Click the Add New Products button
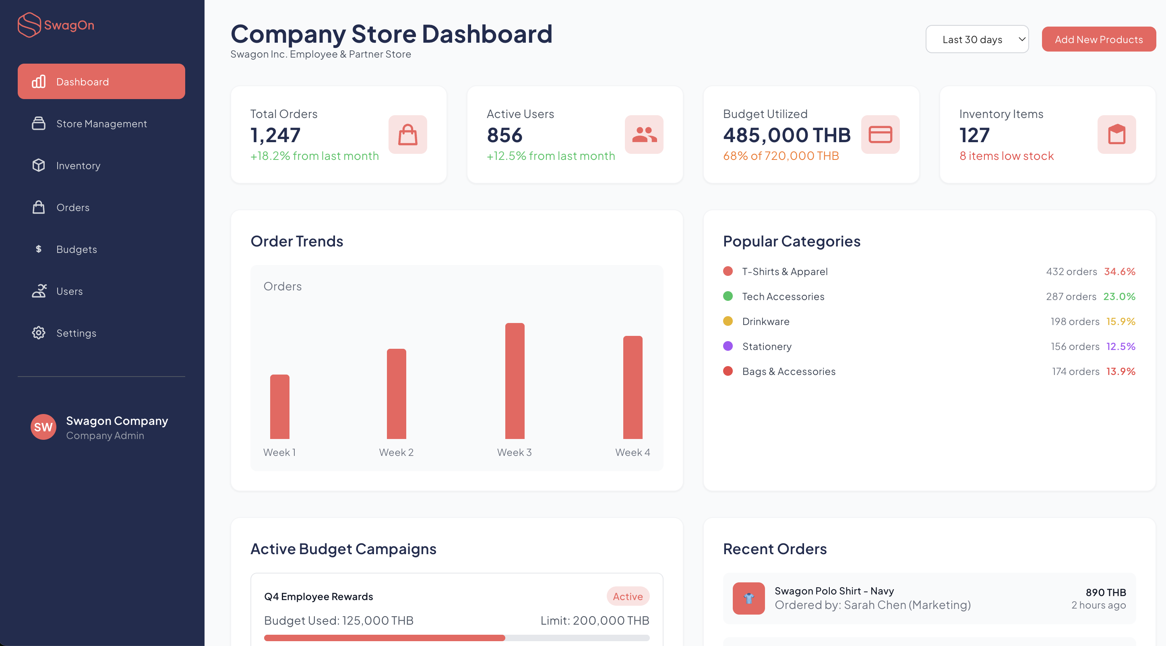pyautogui.click(x=1098, y=39)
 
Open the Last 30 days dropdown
pyautogui.click(x=977, y=39)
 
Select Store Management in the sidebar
pyautogui.click(x=101, y=124)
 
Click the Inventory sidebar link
pyautogui.click(x=78, y=166)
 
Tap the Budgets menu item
pyautogui.click(x=76, y=249)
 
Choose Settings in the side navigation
pyautogui.click(x=76, y=333)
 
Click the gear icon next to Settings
pyautogui.click(x=39, y=333)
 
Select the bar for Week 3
pyautogui.click(x=515, y=381)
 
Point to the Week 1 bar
pyautogui.click(x=280, y=406)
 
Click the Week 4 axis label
pyautogui.click(x=633, y=452)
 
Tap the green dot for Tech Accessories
pyautogui.click(x=728, y=296)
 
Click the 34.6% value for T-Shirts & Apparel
pyautogui.click(x=1119, y=271)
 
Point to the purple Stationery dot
pyautogui.click(x=728, y=346)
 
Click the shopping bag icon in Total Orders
pyautogui.click(x=407, y=135)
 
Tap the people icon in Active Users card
pyautogui.click(x=644, y=135)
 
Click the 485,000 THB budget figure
pyautogui.click(x=787, y=135)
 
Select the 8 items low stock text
pyautogui.click(x=1006, y=156)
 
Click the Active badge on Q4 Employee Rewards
pyautogui.click(x=627, y=596)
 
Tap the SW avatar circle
pyautogui.click(x=43, y=427)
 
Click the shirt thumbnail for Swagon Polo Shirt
pyautogui.click(x=748, y=598)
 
